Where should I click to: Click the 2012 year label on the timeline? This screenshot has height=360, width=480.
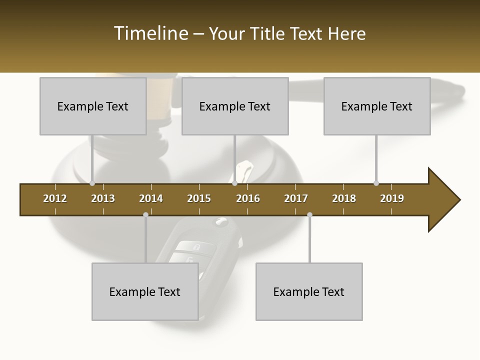(x=55, y=198)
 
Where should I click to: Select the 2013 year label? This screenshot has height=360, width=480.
(x=103, y=198)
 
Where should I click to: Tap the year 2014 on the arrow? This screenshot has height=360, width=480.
(x=151, y=198)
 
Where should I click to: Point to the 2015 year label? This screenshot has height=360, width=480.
(x=199, y=198)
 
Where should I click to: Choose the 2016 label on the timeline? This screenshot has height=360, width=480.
(x=248, y=198)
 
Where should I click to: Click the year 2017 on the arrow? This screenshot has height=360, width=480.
(x=296, y=198)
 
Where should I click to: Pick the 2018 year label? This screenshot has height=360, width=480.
(x=344, y=198)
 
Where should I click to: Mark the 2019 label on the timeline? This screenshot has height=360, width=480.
(x=392, y=198)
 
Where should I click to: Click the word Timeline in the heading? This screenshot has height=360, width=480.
(x=150, y=33)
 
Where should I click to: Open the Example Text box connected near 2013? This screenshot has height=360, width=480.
(x=93, y=106)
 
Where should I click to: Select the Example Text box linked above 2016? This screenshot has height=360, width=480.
(x=235, y=106)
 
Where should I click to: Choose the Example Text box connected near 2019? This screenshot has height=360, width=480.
(x=377, y=106)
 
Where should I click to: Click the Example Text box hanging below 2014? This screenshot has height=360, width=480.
(x=145, y=291)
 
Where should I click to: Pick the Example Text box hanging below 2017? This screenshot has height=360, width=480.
(x=309, y=291)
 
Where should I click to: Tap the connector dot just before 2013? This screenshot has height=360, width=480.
(x=92, y=183)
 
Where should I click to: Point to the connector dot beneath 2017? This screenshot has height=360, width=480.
(x=309, y=215)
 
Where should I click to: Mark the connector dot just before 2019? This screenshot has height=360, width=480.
(x=376, y=183)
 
